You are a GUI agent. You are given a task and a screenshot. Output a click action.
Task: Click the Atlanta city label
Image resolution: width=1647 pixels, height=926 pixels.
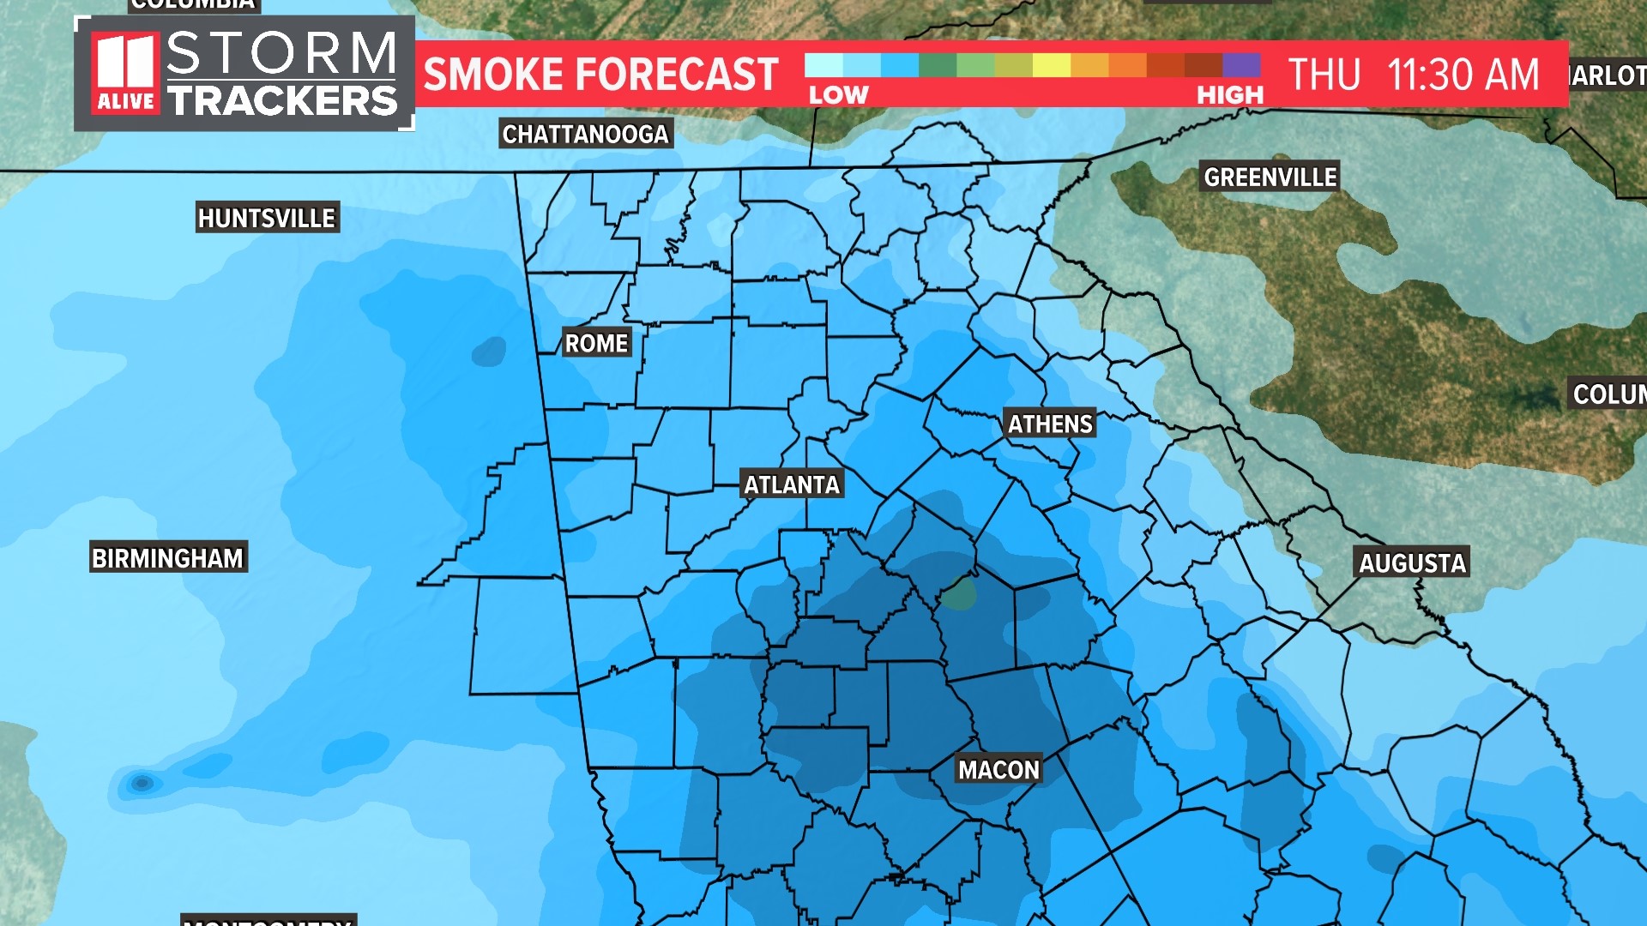pyautogui.click(x=792, y=484)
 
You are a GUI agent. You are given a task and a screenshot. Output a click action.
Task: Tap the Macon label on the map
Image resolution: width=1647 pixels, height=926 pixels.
pyautogui.click(x=998, y=770)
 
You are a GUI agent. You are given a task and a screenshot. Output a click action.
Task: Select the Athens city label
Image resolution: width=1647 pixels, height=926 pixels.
pyautogui.click(x=1050, y=424)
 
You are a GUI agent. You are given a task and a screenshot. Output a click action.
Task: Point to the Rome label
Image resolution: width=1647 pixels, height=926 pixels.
pyautogui.click(x=596, y=343)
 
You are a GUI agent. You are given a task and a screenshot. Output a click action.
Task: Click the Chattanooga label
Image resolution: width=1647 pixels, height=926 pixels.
pyautogui.click(x=585, y=135)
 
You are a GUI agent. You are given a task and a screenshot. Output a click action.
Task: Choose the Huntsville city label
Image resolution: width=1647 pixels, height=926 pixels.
pyautogui.click(x=267, y=219)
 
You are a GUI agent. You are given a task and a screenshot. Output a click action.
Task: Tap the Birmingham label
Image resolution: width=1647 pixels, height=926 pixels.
pyautogui.click(x=168, y=558)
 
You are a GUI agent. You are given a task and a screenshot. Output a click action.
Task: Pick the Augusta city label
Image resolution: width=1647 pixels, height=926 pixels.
pyautogui.click(x=1412, y=563)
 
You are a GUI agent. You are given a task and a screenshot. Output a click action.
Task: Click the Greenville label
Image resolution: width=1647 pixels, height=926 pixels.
pyautogui.click(x=1270, y=177)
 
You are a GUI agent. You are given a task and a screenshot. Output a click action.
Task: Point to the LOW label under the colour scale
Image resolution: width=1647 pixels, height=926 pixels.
pyautogui.click(x=838, y=95)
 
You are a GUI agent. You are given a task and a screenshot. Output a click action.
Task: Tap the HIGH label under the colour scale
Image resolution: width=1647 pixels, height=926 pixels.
pyautogui.click(x=1230, y=95)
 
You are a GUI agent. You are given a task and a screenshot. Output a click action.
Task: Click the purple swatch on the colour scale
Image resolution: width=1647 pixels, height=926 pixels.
pyautogui.click(x=1241, y=65)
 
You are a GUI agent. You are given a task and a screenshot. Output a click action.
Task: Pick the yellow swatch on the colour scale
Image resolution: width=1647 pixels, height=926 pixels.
pyautogui.click(x=1051, y=65)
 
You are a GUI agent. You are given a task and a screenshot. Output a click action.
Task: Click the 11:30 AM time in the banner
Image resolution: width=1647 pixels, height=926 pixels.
pyautogui.click(x=1463, y=75)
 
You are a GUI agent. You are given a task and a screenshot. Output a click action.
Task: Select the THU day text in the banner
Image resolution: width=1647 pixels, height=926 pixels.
pyautogui.click(x=1324, y=75)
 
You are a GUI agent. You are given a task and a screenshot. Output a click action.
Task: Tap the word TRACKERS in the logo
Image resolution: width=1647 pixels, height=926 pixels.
pyautogui.click(x=283, y=101)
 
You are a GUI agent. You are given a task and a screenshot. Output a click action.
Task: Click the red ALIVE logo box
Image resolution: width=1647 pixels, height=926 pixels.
pyautogui.click(x=125, y=74)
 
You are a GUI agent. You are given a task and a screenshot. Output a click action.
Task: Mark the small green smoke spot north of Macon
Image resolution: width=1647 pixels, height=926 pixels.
pyautogui.click(x=961, y=592)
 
